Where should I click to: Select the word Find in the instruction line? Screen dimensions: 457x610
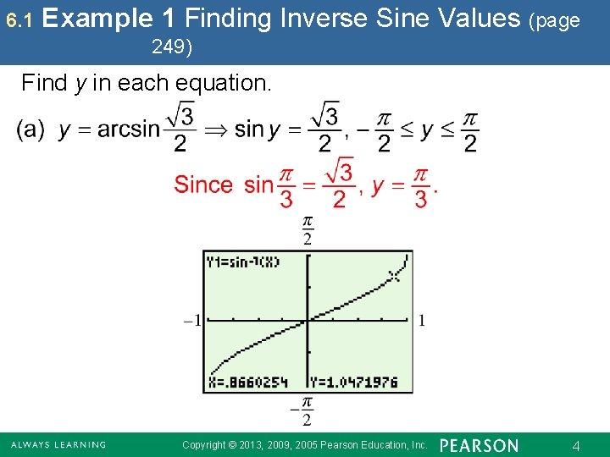[43, 83]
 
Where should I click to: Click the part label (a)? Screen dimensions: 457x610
[30, 129]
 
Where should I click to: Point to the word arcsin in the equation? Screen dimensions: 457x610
[128, 129]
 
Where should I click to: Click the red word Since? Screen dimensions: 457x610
[203, 184]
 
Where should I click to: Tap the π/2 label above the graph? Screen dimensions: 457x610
[308, 229]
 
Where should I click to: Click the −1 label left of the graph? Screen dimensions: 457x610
[192, 320]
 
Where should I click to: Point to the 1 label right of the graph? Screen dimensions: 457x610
[422, 320]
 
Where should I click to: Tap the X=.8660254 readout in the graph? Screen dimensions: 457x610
[247, 383]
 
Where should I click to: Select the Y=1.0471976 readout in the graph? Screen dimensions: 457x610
[354, 383]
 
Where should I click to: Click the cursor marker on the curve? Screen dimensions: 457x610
[393, 275]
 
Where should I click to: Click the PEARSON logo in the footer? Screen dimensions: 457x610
[479, 445]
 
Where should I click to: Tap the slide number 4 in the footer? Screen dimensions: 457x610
[576, 445]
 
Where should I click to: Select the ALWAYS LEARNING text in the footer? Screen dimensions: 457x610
[58, 445]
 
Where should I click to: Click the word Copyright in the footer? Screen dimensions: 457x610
[204, 445]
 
